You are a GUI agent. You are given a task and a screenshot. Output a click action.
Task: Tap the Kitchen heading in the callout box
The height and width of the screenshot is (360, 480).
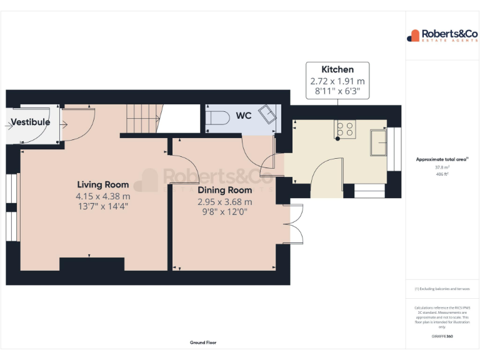[337, 69]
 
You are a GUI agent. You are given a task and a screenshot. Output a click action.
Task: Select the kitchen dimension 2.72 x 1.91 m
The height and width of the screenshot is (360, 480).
[337, 81]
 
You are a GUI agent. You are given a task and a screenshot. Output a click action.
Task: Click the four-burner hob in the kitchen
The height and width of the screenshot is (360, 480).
[344, 129]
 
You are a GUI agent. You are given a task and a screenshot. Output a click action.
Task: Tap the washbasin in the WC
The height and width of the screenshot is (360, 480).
[269, 115]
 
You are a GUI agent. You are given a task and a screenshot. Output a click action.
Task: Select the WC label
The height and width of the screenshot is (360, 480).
[244, 116]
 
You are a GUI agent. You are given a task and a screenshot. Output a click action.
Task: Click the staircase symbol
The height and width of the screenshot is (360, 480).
[141, 118]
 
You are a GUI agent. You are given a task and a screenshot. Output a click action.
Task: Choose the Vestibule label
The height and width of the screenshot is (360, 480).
[30, 122]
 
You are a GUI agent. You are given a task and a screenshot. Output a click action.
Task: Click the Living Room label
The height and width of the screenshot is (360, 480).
[103, 184]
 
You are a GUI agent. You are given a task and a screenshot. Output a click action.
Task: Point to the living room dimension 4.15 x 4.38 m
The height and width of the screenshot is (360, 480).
[103, 196]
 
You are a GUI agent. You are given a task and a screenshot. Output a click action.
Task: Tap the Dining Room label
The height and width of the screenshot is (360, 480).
[225, 190]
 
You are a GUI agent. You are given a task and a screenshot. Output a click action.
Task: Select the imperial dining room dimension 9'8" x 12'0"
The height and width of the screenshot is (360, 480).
[225, 211]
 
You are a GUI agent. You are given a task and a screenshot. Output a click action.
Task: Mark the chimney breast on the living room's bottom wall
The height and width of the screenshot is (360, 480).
[91, 264]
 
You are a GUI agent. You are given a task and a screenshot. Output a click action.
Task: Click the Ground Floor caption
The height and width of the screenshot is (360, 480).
[203, 342]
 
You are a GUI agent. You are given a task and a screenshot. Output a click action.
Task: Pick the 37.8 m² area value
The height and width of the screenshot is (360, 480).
[442, 167]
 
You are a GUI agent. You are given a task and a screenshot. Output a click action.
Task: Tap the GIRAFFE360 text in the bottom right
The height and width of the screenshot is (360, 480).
[442, 336]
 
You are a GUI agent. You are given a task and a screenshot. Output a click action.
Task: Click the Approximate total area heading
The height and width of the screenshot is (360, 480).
[442, 160]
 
